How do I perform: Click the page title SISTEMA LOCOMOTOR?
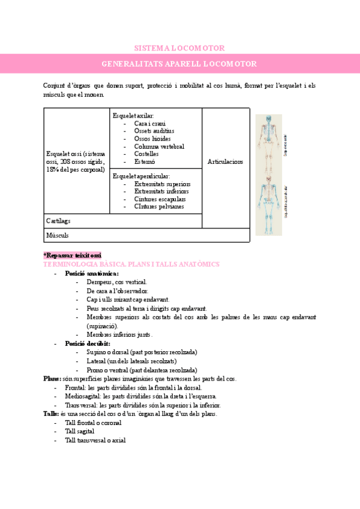[x=179, y=48]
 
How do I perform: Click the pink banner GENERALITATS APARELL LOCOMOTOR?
[x=179, y=64]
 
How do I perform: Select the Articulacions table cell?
[x=225, y=161]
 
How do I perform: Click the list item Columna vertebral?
[x=159, y=146]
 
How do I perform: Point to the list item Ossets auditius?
[x=154, y=131]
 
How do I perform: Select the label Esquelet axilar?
[x=133, y=115]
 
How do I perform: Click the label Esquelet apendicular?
[x=141, y=176]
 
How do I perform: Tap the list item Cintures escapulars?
[x=160, y=199]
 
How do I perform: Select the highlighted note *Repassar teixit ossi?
[x=73, y=255]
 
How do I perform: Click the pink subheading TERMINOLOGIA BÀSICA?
[x=131, y=264]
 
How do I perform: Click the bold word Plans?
[x=52, y=379]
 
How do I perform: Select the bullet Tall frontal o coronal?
[x=93, y=423]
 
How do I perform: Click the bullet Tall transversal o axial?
[x=95, y=440]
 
